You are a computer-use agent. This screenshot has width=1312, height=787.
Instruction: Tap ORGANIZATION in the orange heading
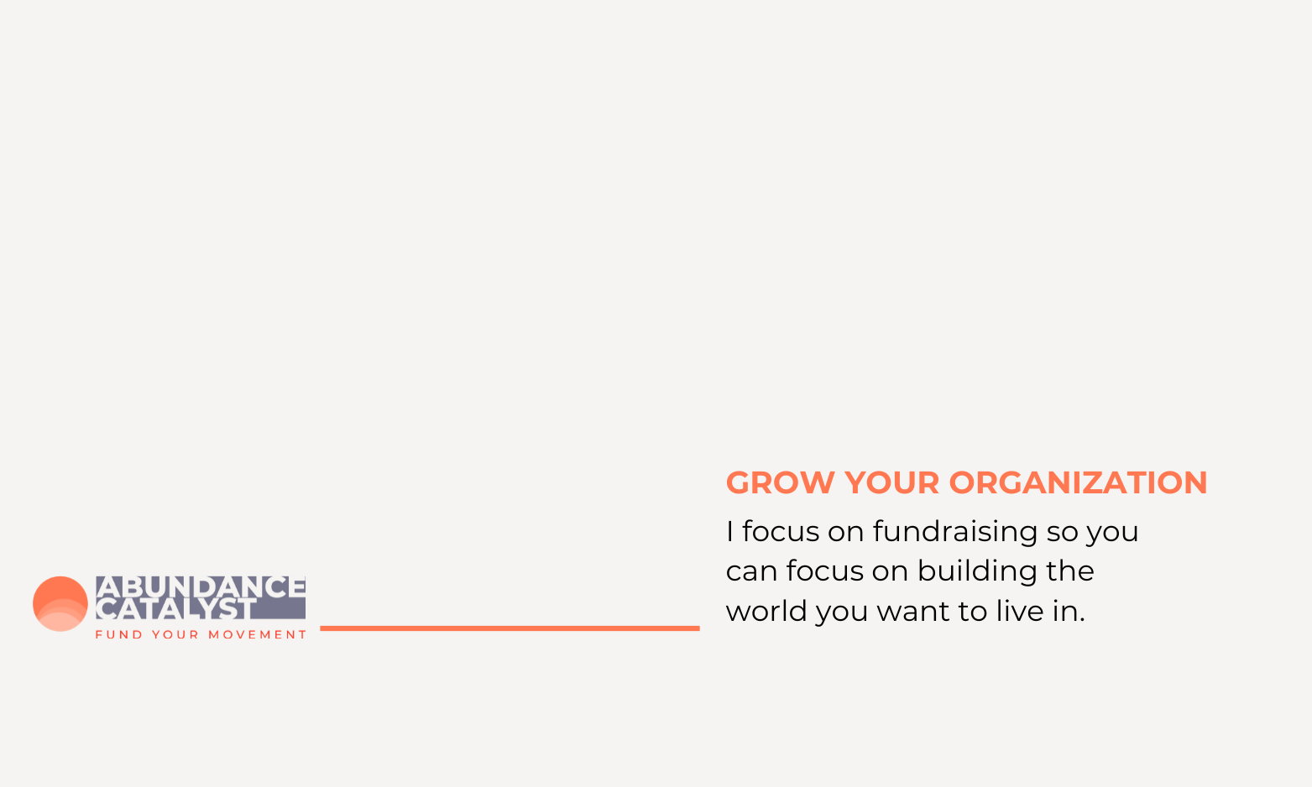click(1079, 483)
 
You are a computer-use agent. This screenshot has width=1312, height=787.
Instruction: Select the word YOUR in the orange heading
click(891, 483)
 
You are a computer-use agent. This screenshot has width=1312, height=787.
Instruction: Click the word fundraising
click(955, 533)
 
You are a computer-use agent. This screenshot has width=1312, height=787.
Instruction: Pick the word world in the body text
click(767, 612)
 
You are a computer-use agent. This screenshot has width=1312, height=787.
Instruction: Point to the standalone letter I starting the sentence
click(729, 532)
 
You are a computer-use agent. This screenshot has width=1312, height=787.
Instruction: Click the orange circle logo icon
click(60, 604)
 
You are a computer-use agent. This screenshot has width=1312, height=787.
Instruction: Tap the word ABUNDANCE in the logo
click(201, 587)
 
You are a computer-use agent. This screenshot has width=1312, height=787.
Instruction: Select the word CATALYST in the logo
click(175, 608)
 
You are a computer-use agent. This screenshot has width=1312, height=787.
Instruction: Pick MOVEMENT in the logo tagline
click(257, 635)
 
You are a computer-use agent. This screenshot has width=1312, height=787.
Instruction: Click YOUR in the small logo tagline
click(175, 635)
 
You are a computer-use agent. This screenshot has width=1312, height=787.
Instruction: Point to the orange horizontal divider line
click(510, 628)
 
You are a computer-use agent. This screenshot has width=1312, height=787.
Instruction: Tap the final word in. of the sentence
click(1069, 612)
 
